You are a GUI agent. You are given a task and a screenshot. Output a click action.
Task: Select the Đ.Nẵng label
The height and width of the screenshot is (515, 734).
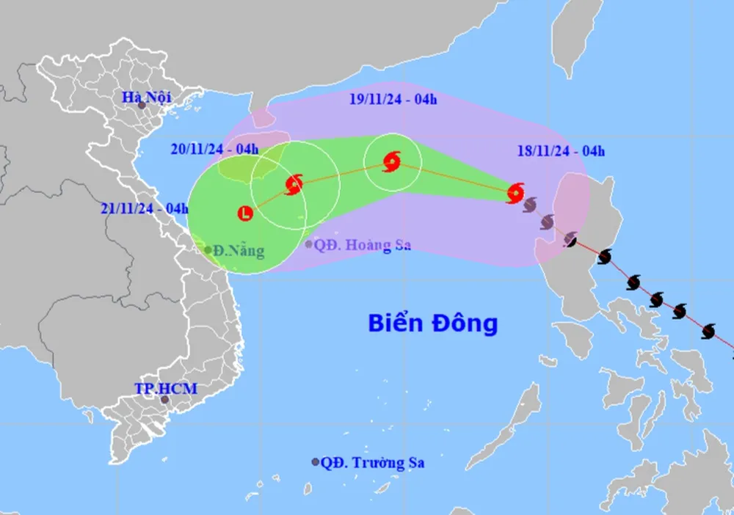tap(239, 251)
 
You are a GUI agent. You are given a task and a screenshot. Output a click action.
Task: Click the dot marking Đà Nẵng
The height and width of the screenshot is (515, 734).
tap(208, 250)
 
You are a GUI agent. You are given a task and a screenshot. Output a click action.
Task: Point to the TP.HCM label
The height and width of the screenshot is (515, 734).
tap(165, 388)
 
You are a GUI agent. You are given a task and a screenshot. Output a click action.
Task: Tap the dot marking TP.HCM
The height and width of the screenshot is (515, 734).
tap(165, 400)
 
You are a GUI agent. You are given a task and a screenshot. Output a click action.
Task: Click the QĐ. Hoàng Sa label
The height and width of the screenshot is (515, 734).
tap(362, 245)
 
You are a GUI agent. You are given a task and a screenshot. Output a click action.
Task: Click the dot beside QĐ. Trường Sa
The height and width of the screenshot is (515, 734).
tap(316, 462)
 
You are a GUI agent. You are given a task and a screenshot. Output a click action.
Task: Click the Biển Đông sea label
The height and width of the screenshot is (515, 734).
tap(433, 323)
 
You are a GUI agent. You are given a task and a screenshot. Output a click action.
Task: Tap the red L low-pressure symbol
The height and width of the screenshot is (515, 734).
tap(245, 213)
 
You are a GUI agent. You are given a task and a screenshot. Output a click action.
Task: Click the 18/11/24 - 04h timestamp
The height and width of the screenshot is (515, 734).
tap(560, 152)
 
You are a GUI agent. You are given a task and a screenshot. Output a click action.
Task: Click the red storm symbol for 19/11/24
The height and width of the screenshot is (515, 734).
tap(392, 162)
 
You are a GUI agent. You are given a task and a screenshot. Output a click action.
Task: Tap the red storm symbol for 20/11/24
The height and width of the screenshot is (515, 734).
tap(294, 183)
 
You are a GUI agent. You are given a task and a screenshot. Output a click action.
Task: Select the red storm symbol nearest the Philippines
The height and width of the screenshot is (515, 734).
tap(515, 193)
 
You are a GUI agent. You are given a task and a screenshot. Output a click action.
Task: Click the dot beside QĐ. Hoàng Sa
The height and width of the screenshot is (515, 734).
tap(309, 244)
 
